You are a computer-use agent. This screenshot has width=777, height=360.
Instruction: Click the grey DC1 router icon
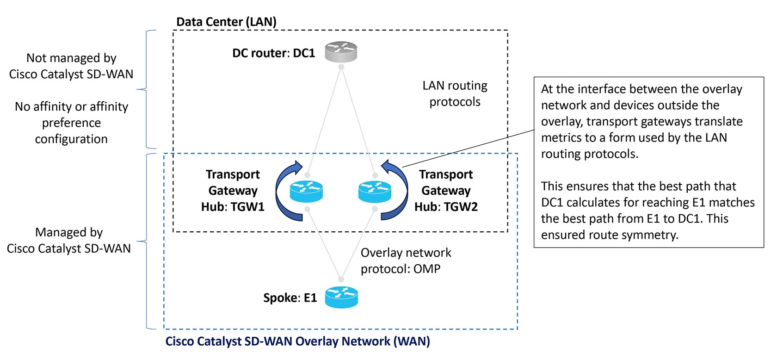pos(341,51)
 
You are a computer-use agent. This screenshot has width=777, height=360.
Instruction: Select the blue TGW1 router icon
pos(306,192)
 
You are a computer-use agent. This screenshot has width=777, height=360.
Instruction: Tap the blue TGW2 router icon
pos(375,192)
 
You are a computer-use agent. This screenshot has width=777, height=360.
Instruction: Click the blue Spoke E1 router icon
pos(341,297)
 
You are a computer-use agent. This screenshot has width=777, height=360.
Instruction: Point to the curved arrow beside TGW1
pos(283,192)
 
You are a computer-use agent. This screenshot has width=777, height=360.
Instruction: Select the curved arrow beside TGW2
pos(399,192)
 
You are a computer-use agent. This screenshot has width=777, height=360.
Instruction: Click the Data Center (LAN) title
pos(226,22)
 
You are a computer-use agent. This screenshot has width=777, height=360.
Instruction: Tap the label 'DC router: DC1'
pos(273,53)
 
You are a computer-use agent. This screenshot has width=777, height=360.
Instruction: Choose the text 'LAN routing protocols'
pos(455,93)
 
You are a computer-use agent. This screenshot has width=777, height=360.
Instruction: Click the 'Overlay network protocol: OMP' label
pos(406,261)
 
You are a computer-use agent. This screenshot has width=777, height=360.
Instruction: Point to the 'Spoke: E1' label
pos(290,298)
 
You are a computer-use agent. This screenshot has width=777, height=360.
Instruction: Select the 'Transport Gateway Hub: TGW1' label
pos(233,190)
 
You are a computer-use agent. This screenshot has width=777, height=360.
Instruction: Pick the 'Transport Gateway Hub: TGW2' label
pos(446,190)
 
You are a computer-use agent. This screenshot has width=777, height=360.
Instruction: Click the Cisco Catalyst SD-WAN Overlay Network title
pos(297,341)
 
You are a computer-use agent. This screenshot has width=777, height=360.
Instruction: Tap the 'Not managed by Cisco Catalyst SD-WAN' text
pos(71,66)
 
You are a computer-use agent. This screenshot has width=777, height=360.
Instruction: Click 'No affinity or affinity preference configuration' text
pos(71,123)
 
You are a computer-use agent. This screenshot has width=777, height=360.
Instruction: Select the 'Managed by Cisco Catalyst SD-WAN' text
pos(69,240)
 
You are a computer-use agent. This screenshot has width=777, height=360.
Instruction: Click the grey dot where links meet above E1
pos(341,279)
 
